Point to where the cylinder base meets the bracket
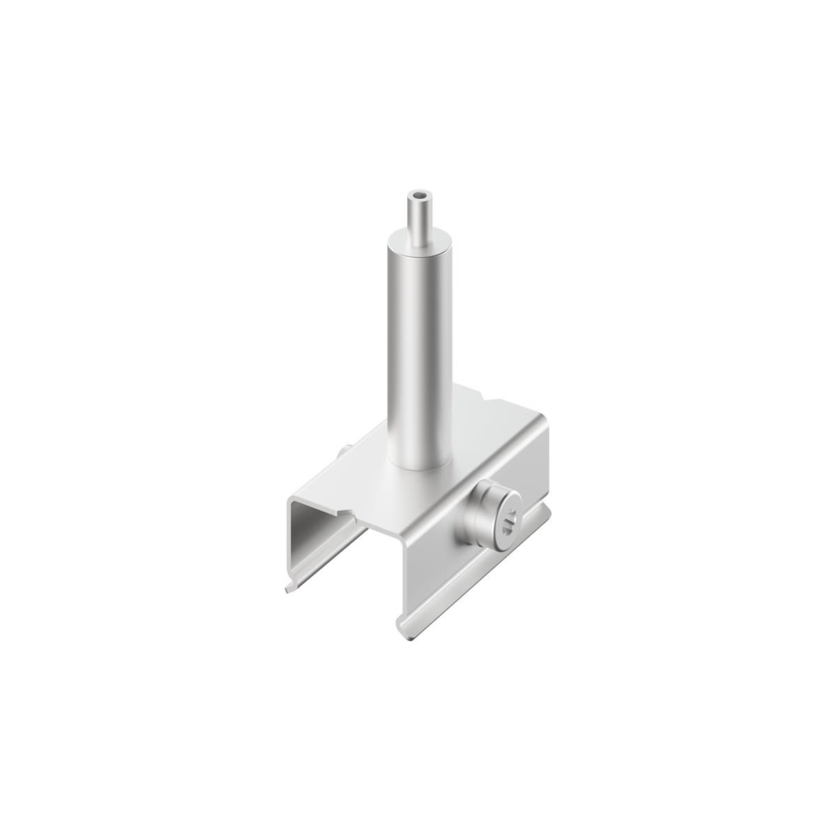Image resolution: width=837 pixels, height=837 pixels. pos(418,466)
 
